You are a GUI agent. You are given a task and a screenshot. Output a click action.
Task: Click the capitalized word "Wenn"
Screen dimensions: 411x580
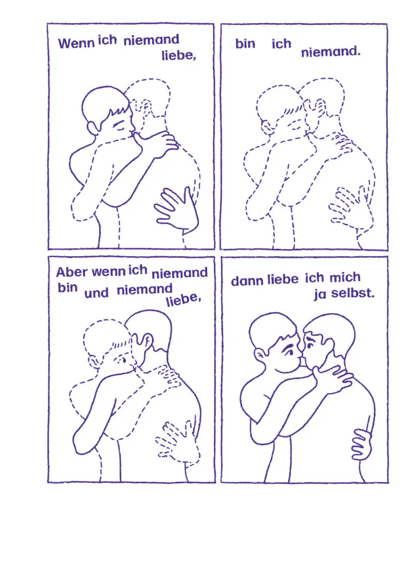tap(76, 43)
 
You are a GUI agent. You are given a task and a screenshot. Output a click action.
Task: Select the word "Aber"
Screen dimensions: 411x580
tap(72, 272)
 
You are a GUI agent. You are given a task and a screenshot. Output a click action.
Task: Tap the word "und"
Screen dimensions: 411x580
tap(97, 294)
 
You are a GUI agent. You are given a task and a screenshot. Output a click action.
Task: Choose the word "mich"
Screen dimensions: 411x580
tap(345, 278)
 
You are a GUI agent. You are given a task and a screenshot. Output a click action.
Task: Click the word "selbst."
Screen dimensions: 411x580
tap(352, 294)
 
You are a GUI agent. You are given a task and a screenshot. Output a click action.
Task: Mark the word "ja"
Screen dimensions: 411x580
tap(321, 295)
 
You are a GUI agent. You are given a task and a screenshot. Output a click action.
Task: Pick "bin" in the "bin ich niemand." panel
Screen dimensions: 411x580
tap(246, 44)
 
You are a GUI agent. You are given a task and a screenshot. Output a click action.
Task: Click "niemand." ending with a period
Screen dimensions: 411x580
tap(330, 52)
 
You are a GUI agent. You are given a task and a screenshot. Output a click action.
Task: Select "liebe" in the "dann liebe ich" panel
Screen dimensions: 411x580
tap(283, 279)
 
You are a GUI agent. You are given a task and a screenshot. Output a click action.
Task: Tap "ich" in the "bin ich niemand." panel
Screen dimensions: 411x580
tap(282, 44)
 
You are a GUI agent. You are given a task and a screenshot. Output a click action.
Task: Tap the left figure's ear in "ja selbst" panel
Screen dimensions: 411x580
tap(260, 356)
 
